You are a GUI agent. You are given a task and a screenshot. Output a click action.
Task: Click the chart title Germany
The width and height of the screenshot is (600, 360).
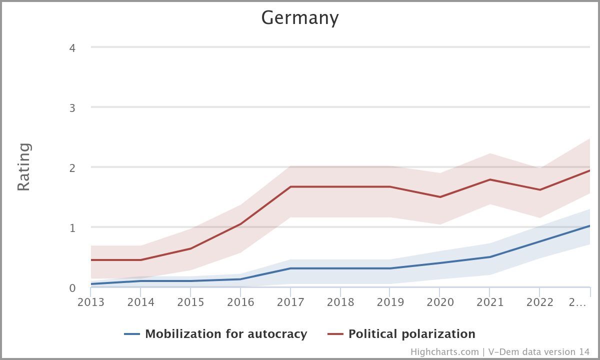(x=300, y=18)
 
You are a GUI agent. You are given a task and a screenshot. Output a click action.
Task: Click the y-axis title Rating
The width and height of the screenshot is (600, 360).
(x=24, y=167)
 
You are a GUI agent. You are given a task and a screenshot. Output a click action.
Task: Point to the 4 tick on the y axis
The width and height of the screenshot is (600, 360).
(x=72, y=48)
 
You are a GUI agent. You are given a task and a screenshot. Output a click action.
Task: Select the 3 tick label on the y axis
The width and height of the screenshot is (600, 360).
(x=72, y=108)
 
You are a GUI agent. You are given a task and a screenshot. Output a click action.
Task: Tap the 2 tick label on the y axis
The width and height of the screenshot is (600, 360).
(x=72, y=168)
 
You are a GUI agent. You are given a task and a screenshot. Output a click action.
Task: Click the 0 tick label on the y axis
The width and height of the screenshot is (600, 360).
(x=72, y=288)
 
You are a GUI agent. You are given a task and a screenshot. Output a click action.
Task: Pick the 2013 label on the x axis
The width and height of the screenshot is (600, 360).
(x=91, y=302)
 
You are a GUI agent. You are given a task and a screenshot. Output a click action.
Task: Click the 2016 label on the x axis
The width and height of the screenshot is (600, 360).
(x=240, y=302)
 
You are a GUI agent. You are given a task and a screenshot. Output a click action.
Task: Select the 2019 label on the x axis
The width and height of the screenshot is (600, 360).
(x=390, y=302)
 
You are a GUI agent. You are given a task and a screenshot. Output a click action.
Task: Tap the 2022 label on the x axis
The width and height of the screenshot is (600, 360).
(x=539, y=302)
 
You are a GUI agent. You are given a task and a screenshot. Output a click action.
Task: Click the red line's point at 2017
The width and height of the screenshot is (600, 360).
(x=290, y=187)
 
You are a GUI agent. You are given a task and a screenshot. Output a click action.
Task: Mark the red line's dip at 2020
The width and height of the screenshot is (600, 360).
(x=440, y=197)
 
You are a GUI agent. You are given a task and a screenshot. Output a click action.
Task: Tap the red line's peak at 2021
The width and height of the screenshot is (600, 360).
(x=489, y=179)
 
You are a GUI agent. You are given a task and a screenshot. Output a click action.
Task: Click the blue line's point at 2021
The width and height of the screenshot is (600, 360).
(x=489, y=257)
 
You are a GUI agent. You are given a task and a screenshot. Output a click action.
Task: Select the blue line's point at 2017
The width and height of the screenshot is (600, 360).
(x=290, y=268)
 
